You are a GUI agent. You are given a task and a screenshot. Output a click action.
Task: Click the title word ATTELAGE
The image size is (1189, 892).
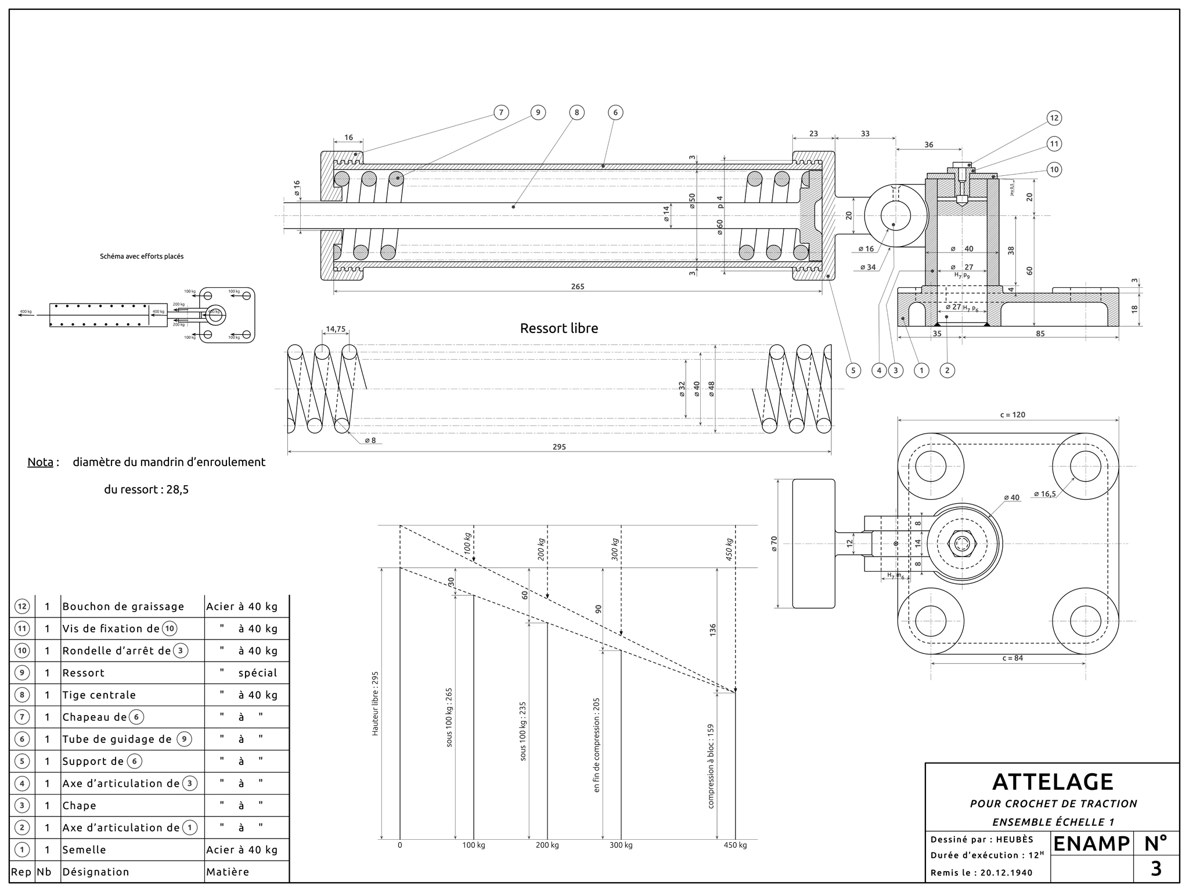[1053, 782]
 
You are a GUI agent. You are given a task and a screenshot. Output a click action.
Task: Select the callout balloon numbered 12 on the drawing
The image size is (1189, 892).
[1054, 118]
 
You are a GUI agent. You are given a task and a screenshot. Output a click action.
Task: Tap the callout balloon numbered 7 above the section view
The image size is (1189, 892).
[501, 113]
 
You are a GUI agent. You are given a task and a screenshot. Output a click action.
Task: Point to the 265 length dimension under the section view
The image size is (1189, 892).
[577, 287]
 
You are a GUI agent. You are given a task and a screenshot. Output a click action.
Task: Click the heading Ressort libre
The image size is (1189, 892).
[559, 328]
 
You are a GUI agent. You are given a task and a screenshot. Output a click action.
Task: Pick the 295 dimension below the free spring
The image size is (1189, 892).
[559, 447]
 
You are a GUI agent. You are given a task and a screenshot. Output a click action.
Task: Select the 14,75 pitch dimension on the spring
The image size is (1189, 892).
[336, 329]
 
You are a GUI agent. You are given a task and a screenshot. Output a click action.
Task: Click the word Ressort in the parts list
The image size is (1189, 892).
[84, 673]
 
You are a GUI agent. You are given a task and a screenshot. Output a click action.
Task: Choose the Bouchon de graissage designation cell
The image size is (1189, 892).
[123, 606]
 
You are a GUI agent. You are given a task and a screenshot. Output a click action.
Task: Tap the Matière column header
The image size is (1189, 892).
[228, 872]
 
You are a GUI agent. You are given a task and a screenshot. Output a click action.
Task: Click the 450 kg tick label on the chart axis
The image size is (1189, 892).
[735, 845]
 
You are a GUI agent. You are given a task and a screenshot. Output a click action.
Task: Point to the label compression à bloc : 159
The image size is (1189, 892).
[711, 765]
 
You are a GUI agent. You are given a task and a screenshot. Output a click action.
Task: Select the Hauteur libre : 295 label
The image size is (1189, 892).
[375, 703]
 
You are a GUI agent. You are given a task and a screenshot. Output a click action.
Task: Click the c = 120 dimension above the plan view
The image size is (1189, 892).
[1013, 415]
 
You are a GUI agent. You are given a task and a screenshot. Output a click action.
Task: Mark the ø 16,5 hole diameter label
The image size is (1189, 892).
[1045, 494]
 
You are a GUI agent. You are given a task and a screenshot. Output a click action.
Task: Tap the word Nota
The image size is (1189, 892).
[41, 463]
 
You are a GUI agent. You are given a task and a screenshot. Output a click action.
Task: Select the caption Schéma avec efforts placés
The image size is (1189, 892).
[142, 257]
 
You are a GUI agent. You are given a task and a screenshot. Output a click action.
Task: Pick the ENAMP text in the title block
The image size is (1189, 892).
[1091, 844]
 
